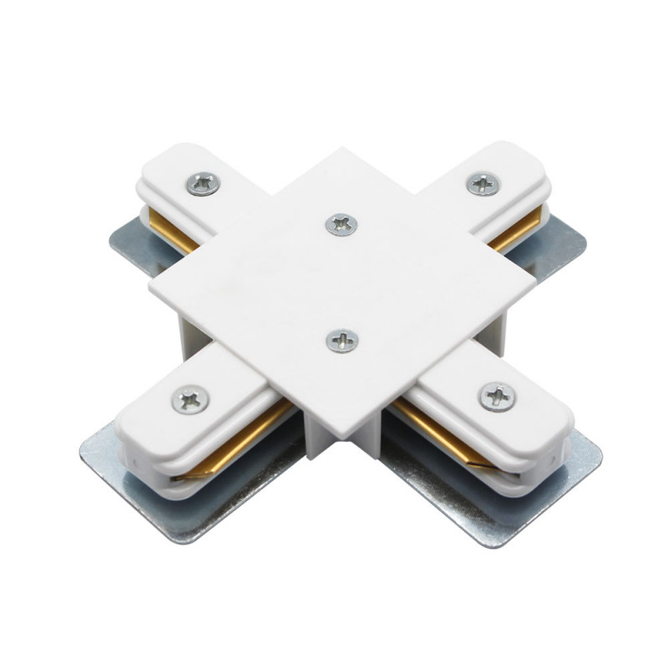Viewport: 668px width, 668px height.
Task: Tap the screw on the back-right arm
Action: point(483,185)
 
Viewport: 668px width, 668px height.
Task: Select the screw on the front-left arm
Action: point(190,399)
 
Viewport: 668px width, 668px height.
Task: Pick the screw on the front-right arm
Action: point(497,396)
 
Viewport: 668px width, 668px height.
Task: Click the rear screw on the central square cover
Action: point(341,224)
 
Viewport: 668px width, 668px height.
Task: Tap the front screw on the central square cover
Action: point(342,339)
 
